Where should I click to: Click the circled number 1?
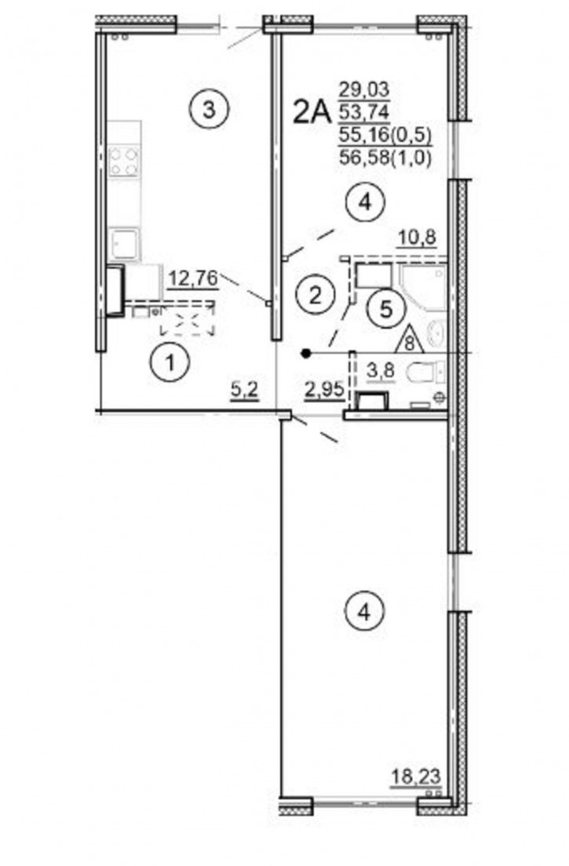[x=170, y=363]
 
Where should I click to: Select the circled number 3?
[x=208, y=110]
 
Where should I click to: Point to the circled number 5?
[x=387, y=309]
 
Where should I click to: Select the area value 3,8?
[x=381, y=370]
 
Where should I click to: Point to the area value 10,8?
[x=418, y=238]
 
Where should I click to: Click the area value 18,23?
[x=416, y=777]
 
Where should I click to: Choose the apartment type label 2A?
[x=312, y=113]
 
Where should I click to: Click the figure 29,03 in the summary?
[x=364, y=89]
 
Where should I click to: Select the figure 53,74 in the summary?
[x=364, y=112]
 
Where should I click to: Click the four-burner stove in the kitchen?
[x=123, y=162]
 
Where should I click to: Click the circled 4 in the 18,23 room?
[x=363, y=611]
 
